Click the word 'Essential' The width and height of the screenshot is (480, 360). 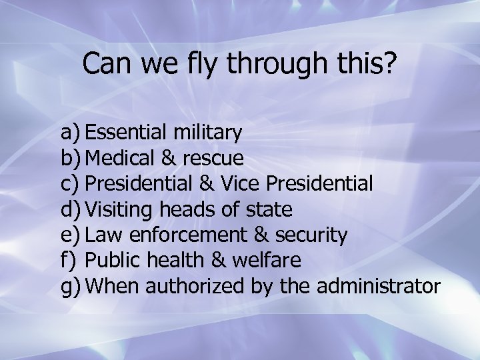127,133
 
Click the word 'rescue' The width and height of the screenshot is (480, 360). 213,159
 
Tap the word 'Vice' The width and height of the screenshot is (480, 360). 241,183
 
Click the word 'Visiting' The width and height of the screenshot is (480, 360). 121,210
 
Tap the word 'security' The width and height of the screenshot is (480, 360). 310,235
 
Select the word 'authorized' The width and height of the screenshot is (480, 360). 196,286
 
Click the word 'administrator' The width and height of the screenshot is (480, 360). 379,286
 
